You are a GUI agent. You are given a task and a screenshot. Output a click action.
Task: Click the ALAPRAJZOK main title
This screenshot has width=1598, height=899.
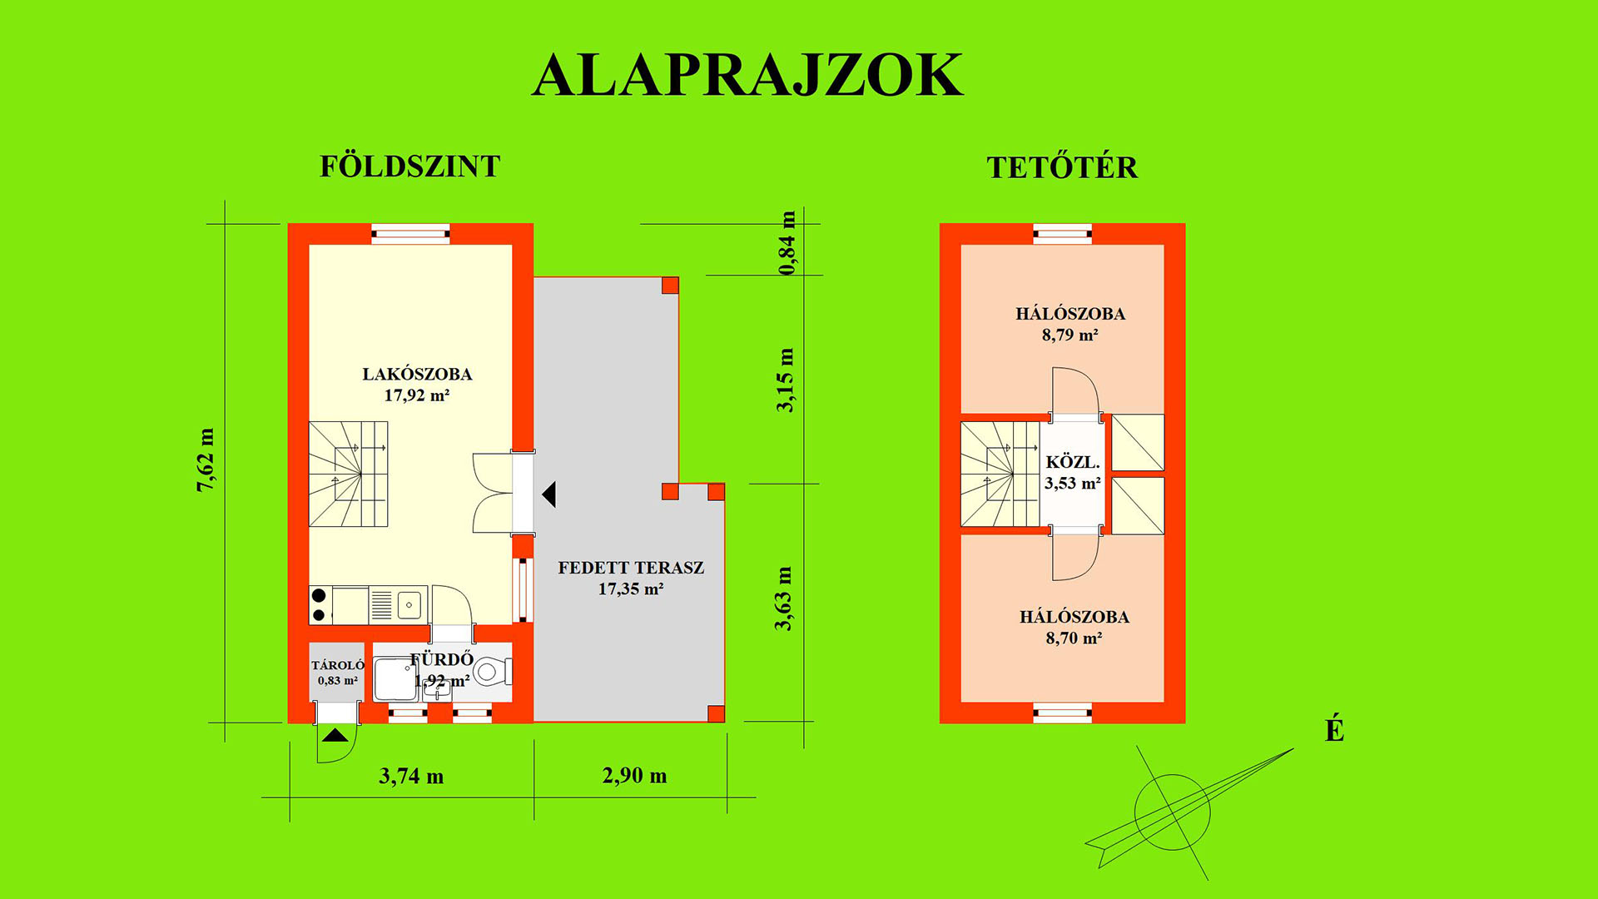tap(747, 75)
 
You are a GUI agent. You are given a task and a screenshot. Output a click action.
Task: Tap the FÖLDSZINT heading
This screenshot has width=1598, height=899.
tap(410, 166)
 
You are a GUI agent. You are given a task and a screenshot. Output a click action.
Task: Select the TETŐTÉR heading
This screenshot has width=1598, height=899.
tap(1062, 167)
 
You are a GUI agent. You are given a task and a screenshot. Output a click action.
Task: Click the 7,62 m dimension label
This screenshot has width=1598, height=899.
tap(205, 459)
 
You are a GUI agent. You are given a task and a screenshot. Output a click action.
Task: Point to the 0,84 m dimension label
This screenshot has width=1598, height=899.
tap(787, 243)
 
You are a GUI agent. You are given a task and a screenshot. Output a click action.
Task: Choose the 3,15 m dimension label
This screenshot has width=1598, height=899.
tap(785, 380)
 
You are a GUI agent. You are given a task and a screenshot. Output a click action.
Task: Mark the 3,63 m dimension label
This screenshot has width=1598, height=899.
tap(783, 599)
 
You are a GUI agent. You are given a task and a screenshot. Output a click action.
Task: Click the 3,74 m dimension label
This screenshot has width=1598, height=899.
tap(411, 777)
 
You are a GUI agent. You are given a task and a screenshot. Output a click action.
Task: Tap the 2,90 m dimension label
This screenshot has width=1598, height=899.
tap(634, 776)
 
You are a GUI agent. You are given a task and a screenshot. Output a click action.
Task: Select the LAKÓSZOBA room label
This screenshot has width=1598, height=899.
tap(417, 385)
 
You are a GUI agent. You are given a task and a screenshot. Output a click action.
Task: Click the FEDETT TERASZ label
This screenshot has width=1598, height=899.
tap(631, 578)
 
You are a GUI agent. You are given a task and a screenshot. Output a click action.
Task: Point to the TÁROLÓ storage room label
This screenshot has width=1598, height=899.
tap(338, 673)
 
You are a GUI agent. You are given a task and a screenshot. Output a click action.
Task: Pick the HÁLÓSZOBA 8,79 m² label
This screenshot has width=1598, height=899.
tap(1070, 324)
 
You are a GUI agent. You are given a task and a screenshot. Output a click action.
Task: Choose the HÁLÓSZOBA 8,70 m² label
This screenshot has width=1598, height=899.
tap(1074, 627)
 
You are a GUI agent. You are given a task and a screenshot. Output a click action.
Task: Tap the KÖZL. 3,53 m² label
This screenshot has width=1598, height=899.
tap(1073, 472)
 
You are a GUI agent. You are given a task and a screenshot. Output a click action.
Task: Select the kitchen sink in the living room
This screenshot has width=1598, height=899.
tap(409, 605)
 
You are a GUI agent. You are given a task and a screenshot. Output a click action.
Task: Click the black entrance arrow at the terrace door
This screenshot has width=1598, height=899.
tap(549, 494)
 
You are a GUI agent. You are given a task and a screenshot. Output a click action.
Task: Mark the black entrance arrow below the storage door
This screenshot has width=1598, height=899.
tap(335, 735)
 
